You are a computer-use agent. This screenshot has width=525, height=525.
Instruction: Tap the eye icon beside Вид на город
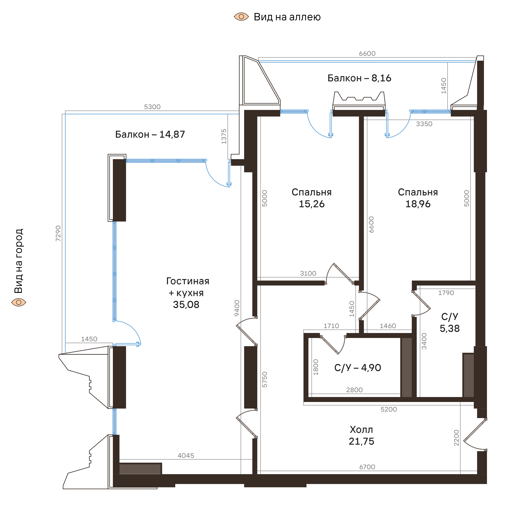19,302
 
